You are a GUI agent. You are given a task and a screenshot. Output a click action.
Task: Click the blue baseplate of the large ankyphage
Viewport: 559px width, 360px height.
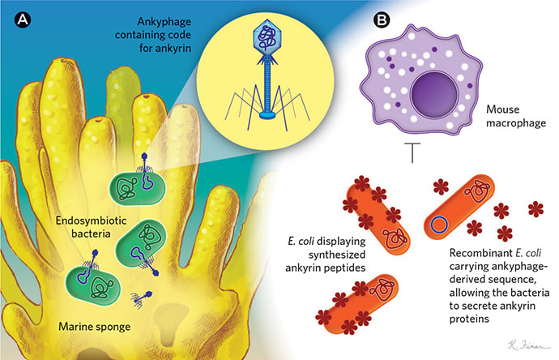pyautogui.click(x=266, y=115)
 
